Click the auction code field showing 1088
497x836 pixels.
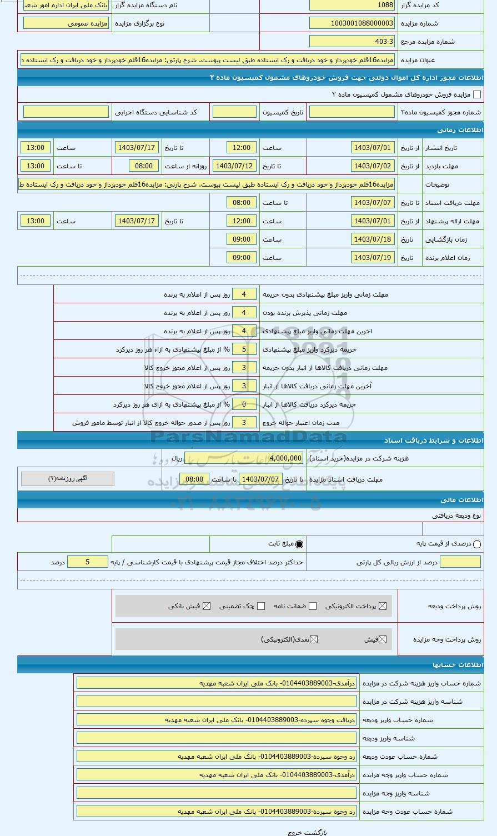click(x=352, y=5)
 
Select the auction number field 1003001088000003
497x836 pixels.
click(x=352, y=23)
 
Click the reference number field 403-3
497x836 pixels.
click(x=352, y=42)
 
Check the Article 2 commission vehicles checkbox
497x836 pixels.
click(x=476, y=94)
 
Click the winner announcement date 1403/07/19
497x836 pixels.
click(x=373, y=258)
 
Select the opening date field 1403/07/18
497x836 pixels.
click(x=373, y=239)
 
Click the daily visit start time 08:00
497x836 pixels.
click(x=144, y=166)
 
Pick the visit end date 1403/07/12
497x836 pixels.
click(x=234, y=166)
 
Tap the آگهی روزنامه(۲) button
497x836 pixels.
click(x=68, y=479)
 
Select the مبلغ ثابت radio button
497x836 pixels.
click(x=299, y=544)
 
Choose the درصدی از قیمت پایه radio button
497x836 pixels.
click(x=477, y=544)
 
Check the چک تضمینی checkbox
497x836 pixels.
click(x=261, y=606)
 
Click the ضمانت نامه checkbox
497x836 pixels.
click(x=313, y=606)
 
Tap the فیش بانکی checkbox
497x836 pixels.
click(x=207, y=606)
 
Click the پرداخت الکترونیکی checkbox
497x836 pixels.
click(x=383, y=606)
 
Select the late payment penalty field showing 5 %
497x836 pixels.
click(x=244, y=349)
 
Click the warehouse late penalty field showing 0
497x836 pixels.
click(x=244, y=404)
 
